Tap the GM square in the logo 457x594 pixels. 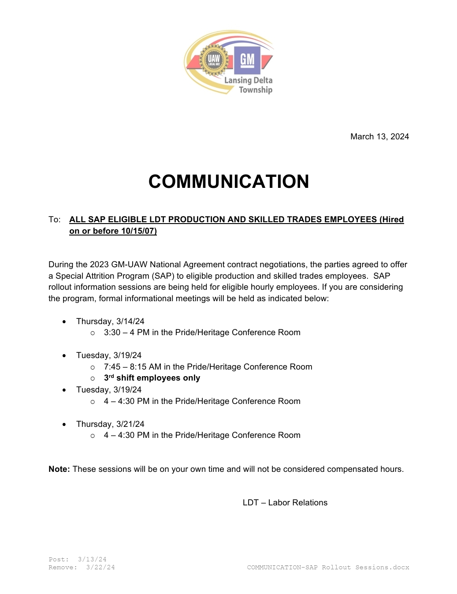[x=247, y=60]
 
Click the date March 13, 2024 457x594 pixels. [x=379, y=137]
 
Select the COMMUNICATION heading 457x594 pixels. [x=229, y=182]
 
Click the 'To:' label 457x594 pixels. [x=54, y=220]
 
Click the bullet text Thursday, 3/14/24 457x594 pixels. [x=110, y=321]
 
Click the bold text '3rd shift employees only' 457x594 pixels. [x=152, y=378]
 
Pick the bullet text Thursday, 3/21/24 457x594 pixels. [x=110, y=424]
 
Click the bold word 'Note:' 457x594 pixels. [x=59, y=469]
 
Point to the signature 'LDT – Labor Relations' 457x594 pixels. [x=285, y=503]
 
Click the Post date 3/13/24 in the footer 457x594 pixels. [x=92, y=560]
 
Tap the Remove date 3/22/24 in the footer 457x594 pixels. [x=100, y=568]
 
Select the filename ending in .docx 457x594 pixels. [x=328, y=568]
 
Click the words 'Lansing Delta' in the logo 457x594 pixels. [x=248, y=80]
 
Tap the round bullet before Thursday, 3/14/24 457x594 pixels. [x=64, y=322]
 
